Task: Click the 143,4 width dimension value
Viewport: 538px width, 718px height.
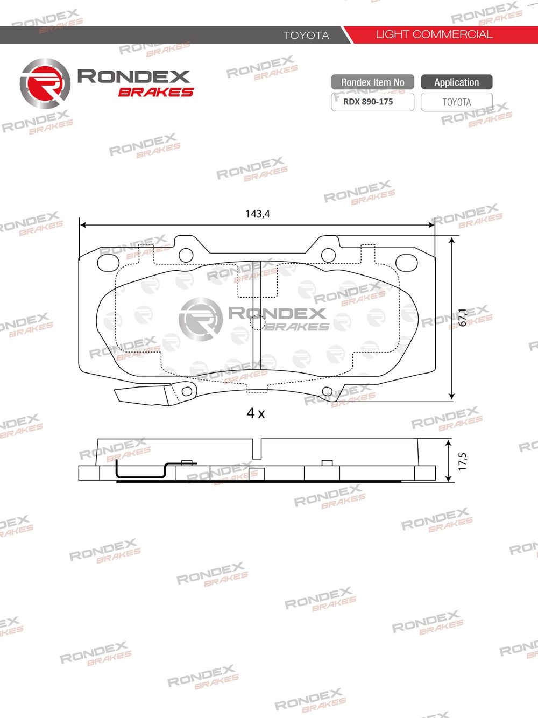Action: coord(258,214)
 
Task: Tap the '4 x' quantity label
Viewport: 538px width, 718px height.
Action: coord(256,413)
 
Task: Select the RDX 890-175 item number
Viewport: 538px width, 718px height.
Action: coord(368,102)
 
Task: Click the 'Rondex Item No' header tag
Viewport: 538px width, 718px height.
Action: coord(372,82)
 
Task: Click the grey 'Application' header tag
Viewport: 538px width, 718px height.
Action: coord(456,82)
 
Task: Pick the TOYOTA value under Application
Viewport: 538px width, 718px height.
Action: coord(456,102)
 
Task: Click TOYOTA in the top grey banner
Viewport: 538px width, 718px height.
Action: coord(306,35)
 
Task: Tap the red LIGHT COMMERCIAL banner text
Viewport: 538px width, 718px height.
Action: coord(434,34)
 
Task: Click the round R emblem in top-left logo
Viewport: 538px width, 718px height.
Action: coord(45,84)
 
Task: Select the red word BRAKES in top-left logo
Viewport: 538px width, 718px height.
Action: coord(155,93)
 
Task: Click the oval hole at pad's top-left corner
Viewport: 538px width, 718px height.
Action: coord(108,262)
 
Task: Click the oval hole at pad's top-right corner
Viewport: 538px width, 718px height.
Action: coord(406,262)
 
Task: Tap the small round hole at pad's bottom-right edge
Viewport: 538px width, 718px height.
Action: coord(327,391)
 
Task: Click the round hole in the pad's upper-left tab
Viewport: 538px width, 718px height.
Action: coord(186,255)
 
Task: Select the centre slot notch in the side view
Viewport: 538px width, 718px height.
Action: coord(257,448)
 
